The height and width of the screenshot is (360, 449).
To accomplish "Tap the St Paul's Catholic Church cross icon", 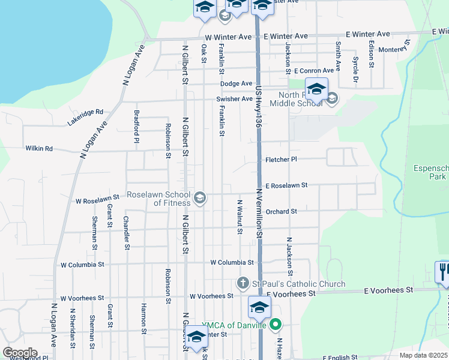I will coord(243,283).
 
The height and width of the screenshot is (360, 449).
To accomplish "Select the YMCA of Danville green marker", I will coord(276,326).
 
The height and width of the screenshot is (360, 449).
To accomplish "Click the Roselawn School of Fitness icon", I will coord(200,197).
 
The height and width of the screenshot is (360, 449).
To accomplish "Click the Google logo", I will coord(19,353).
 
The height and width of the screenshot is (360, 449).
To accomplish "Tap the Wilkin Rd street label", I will coord(39,148).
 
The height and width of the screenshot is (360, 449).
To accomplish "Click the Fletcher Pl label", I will coord(282,160).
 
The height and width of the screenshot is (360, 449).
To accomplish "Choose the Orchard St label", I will coord(282,211).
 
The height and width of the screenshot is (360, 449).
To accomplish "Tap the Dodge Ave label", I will coord(236,83).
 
